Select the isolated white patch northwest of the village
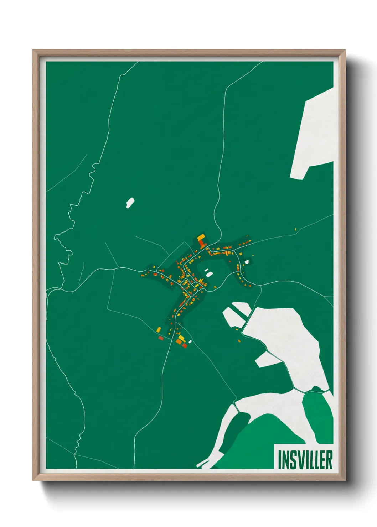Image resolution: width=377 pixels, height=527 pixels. [x=130, y=203]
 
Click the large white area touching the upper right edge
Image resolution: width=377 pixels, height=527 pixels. [x=314, y=135]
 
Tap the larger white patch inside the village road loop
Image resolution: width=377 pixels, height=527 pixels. [x=209, y=274]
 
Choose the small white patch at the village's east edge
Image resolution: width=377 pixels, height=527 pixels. [x=247, y=262]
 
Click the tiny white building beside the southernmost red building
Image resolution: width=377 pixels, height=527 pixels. [x=190, y=342]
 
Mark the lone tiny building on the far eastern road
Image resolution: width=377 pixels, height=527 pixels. [x=295, y=229]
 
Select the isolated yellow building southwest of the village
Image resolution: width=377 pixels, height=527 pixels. [x=159, y=329]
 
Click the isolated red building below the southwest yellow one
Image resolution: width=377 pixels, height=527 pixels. [x=161, y=338]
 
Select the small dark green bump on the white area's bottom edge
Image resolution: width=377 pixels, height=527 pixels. [x=315, y=388]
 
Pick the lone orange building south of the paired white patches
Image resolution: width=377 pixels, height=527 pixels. [x=239, y=341]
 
